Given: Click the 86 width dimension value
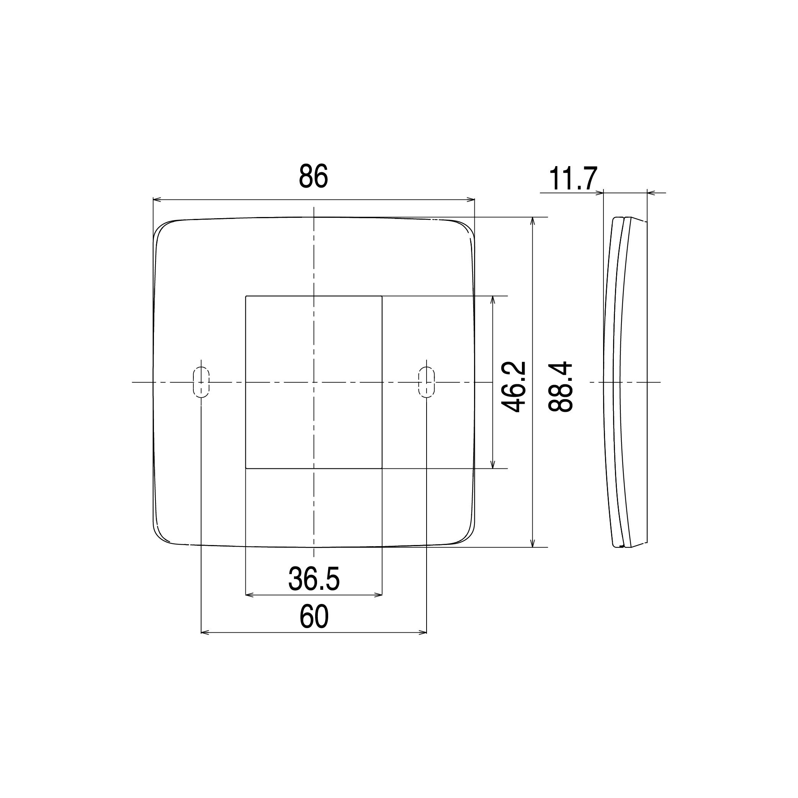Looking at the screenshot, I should [313, 177].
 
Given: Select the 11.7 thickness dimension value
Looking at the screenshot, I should [573, 179].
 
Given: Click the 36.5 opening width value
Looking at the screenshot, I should [314, 579].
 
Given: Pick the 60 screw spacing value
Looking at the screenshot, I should [314, 617].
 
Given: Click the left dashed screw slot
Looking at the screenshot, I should [201, 382].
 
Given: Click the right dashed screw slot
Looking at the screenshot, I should [426, 382].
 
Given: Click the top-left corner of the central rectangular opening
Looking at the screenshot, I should [246, 297].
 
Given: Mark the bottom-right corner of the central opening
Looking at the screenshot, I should [381, 468].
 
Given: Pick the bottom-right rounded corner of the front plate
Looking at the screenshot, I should [467, 536].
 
